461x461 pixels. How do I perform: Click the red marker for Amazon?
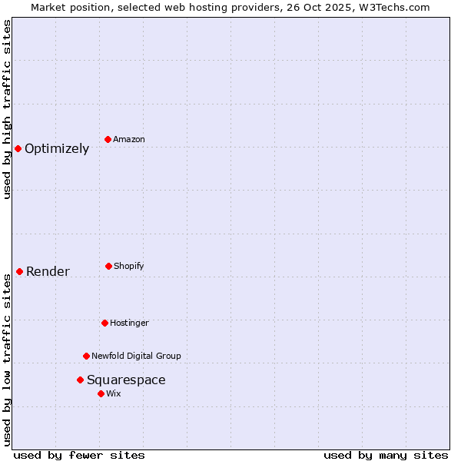pos(108,139)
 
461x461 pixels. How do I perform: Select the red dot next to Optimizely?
pos(18,148)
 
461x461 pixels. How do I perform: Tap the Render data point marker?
pos(19,271)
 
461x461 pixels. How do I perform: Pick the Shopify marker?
pos(108,266)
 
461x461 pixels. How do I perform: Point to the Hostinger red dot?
pos(104,323)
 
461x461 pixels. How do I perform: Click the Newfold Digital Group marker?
pos(86,356)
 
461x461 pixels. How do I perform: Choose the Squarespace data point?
pos(80,380)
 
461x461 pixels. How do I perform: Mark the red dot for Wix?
pos(101,393)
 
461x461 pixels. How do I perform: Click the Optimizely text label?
pos(57,149)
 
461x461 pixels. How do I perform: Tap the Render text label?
pos(48,272)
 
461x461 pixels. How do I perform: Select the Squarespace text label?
pos(126,380)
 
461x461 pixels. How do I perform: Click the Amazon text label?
pos(129,140)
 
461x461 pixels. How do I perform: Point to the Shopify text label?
pos(129,267)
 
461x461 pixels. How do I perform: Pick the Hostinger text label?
pos(129,323)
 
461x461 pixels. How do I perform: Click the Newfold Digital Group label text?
pos(136,357)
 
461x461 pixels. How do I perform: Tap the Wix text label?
pos(114,394)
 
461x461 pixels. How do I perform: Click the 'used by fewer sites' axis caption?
pos(79,455)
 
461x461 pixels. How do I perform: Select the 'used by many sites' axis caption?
pos(386,455)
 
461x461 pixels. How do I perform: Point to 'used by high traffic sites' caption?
pos(7,109)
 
